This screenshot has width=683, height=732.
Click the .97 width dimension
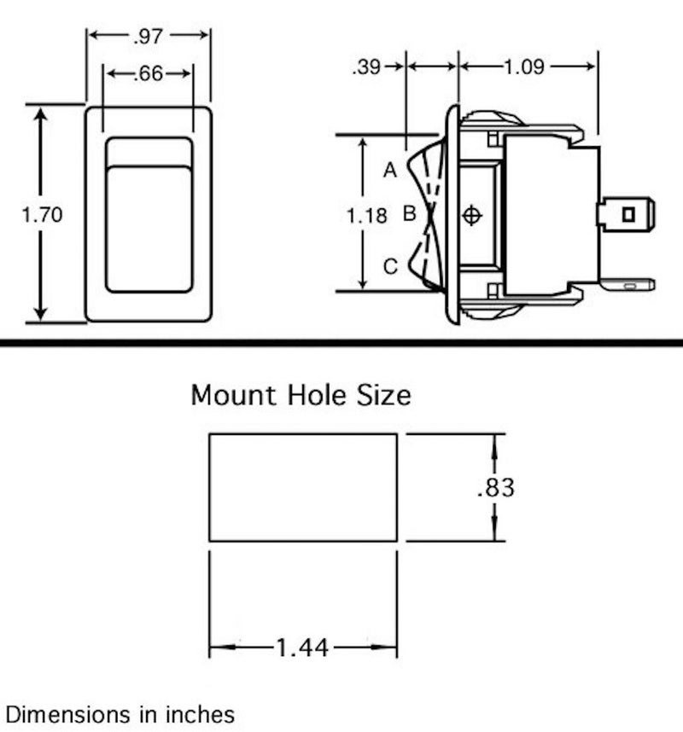148,37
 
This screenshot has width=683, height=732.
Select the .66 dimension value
149,73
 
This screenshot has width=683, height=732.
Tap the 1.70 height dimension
42,215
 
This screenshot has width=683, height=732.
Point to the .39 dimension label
367,67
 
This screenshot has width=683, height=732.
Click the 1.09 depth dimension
524,67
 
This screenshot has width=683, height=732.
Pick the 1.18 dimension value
367,216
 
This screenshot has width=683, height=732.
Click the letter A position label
390,170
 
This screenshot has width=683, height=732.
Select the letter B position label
409,213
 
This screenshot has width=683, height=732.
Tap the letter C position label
390,266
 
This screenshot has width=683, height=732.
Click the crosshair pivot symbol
472,215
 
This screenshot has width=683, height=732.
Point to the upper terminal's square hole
629,214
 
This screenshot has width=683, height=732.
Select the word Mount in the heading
234,395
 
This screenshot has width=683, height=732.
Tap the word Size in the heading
384,395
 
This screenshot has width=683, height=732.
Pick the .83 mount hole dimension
496,487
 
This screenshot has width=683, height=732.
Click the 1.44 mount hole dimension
303,648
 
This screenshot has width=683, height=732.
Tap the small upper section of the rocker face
149,152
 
